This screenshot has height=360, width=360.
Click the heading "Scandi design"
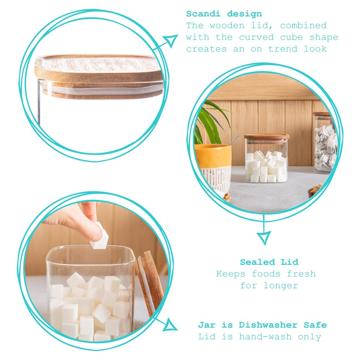[x=224, y=14]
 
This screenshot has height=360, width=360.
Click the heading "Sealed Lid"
[x=269, y=262]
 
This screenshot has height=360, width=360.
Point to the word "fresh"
[x=301, y=274]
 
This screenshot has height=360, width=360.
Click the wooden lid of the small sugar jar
[x=266, y=137]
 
